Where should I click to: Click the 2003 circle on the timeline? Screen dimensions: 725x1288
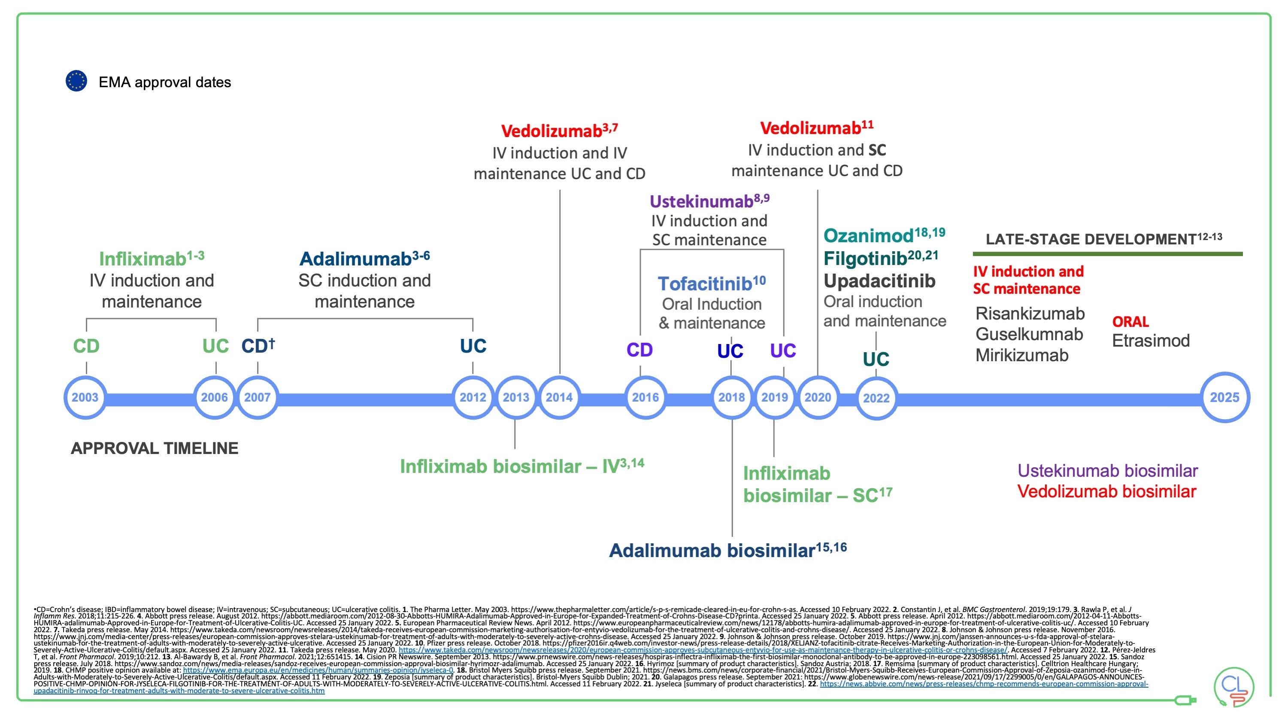(x=85, y=397)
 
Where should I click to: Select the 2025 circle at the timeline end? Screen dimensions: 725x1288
(x=1224, y=397)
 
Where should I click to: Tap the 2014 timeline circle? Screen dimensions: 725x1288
(x=559, y=397)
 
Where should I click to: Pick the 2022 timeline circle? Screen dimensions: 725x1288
(x=876, y=398)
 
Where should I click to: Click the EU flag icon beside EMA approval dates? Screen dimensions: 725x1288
(x=76, y=81)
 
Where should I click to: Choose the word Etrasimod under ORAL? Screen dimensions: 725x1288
(x=1151, y=341)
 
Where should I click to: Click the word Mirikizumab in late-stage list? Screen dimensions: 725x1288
(x=1021, y=355)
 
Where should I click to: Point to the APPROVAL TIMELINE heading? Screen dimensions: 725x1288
(x=155, y=448)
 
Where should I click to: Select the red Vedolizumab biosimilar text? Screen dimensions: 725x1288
(x=1106, y=491)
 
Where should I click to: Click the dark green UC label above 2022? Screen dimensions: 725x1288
(x=876, y=359)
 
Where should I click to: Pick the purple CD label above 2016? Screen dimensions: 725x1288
(x=639, y=350)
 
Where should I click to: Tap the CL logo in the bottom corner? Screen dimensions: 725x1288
(x=1234, y=686)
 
